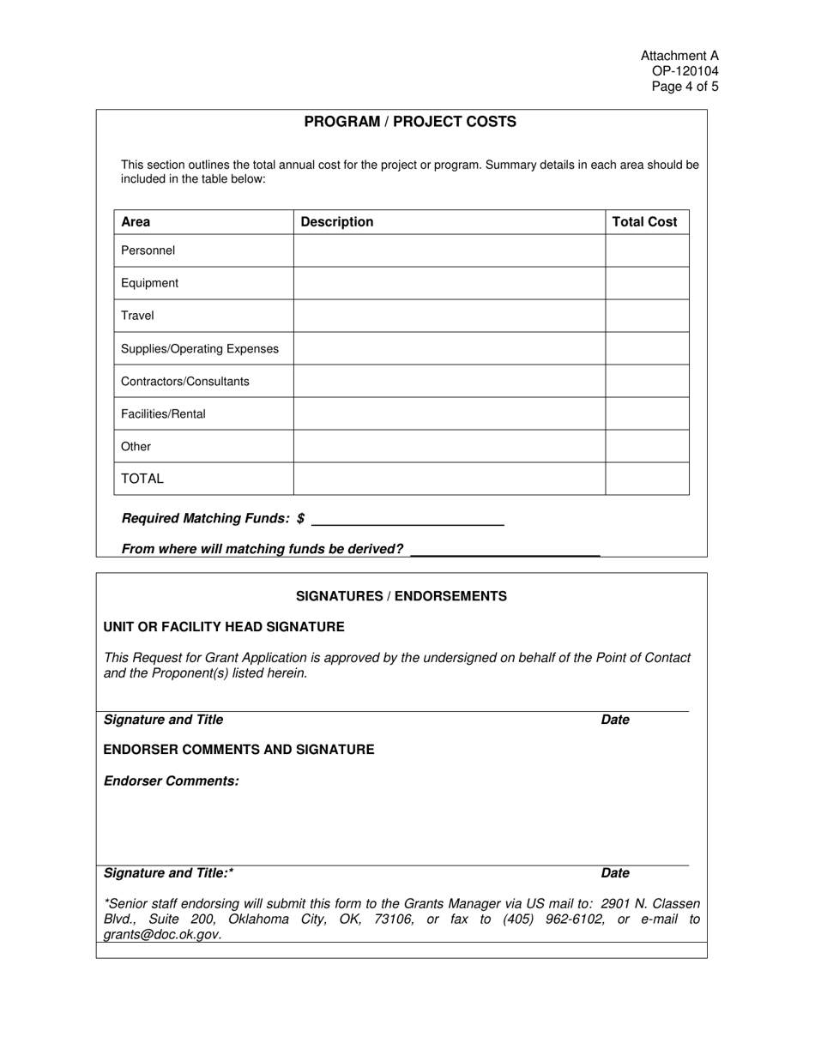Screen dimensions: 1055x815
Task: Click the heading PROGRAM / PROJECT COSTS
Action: click(410, 122)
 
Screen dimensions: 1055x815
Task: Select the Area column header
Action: click(136, 222)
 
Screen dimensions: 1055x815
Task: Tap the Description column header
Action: click(336, 222)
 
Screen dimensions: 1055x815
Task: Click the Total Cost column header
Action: click(644, 222)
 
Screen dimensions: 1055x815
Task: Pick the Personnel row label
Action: click(148, 250)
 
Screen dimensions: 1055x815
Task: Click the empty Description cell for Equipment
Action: click(450, 283)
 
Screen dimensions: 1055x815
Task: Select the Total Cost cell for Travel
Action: click(647, 316)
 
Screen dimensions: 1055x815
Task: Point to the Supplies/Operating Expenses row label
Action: click(200, 348)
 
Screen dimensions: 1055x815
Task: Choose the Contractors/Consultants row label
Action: click(185, 381)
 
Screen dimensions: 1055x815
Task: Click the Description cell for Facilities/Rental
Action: click(450, 413)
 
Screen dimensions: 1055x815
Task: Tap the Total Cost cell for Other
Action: click(647, 446)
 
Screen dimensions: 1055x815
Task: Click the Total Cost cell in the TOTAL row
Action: click(647, 479)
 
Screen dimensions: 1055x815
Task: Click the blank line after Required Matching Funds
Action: click(408, 520)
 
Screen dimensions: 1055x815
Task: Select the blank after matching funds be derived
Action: click(504, 551)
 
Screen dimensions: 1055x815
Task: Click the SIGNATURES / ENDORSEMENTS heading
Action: click(401, 596)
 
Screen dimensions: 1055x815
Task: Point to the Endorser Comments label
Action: click(172, 781)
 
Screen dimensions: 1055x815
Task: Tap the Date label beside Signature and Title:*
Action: click(615, 873)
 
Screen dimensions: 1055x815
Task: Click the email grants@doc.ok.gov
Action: click(162, 935)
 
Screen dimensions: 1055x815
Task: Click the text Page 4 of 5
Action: click(685, 87)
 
